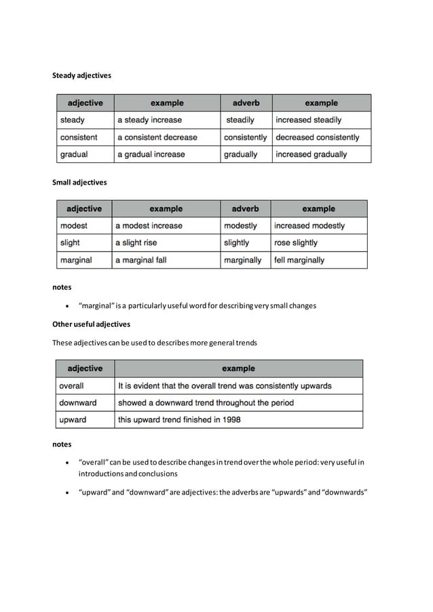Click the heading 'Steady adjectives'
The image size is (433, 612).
pos(81,75)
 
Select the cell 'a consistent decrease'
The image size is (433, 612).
pos(157,137)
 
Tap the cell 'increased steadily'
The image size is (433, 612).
pos(308,120)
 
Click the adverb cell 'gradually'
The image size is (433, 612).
pos(241,155)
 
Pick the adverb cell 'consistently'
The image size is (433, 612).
pos(245,137)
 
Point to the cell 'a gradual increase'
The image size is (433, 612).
pos(151,155)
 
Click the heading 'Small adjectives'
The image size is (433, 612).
pos(79,182)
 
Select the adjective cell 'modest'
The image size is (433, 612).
pos(74,225)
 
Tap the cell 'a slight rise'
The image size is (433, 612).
pos(136,243)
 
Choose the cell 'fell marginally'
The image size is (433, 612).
pos(299,260)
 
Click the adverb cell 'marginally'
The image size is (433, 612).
pos(242,260)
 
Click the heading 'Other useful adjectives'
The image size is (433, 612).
pos(91,324)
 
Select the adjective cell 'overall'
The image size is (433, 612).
pos(72,385)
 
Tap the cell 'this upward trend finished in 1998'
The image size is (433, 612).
pos(179,420)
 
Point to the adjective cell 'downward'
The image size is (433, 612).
pos(78,402)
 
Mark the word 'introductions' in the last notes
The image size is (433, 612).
pos(100,474)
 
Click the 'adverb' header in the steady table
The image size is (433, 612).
pos(246,103)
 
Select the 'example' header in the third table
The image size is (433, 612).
pos(238,368)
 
